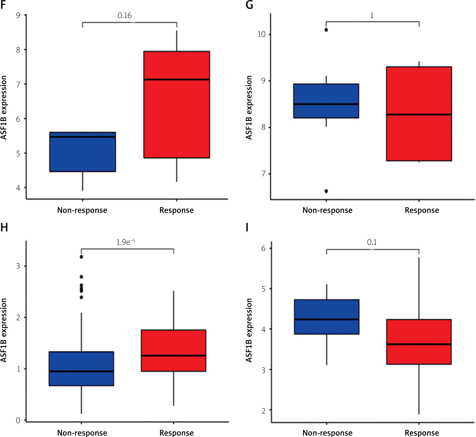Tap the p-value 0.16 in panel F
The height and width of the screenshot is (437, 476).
(x=125, y=16)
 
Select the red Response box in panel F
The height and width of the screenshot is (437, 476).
(x=177, y=105)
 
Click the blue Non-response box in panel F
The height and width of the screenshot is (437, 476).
(x=83, y=152)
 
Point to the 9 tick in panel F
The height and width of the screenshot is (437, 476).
(x=18, y=15)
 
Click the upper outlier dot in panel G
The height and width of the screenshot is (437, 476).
(x=326, y=30)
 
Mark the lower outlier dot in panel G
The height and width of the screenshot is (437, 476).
(x=326, y=191)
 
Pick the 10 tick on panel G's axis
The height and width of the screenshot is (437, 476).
(x=262, y=34)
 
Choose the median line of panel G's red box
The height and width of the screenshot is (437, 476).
(x=419, y=115)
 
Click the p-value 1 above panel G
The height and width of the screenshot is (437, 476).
(x=372, y=16)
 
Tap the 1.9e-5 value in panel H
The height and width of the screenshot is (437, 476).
(x=125, y=242)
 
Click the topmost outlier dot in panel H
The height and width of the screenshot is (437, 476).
(x=81, y=257)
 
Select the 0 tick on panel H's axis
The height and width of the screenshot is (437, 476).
(x=18, y=420)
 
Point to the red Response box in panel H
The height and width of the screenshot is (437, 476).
(x=174, y=351)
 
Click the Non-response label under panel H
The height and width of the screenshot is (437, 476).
(x=82, y=433)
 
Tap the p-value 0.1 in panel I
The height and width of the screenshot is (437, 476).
(x=372, y=242)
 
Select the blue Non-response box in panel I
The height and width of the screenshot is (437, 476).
(x=327, y=317)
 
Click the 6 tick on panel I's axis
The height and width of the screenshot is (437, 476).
(x=263, y=248)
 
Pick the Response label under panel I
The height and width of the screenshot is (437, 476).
(x=422, y=433)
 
